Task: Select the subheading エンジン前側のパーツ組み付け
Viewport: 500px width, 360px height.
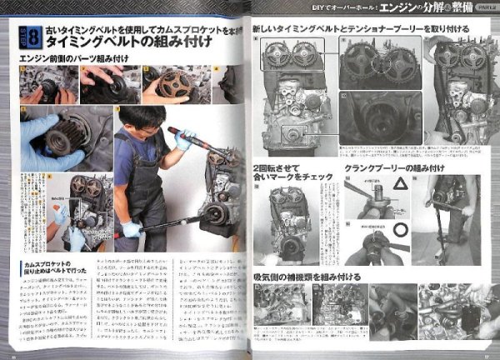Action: click(70, 58)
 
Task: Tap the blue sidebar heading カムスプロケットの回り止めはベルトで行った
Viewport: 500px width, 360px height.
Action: click(50, 267)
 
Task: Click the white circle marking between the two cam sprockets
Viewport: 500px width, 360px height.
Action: click(380, 62)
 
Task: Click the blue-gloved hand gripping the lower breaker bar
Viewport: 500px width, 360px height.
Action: click(132, 228)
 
